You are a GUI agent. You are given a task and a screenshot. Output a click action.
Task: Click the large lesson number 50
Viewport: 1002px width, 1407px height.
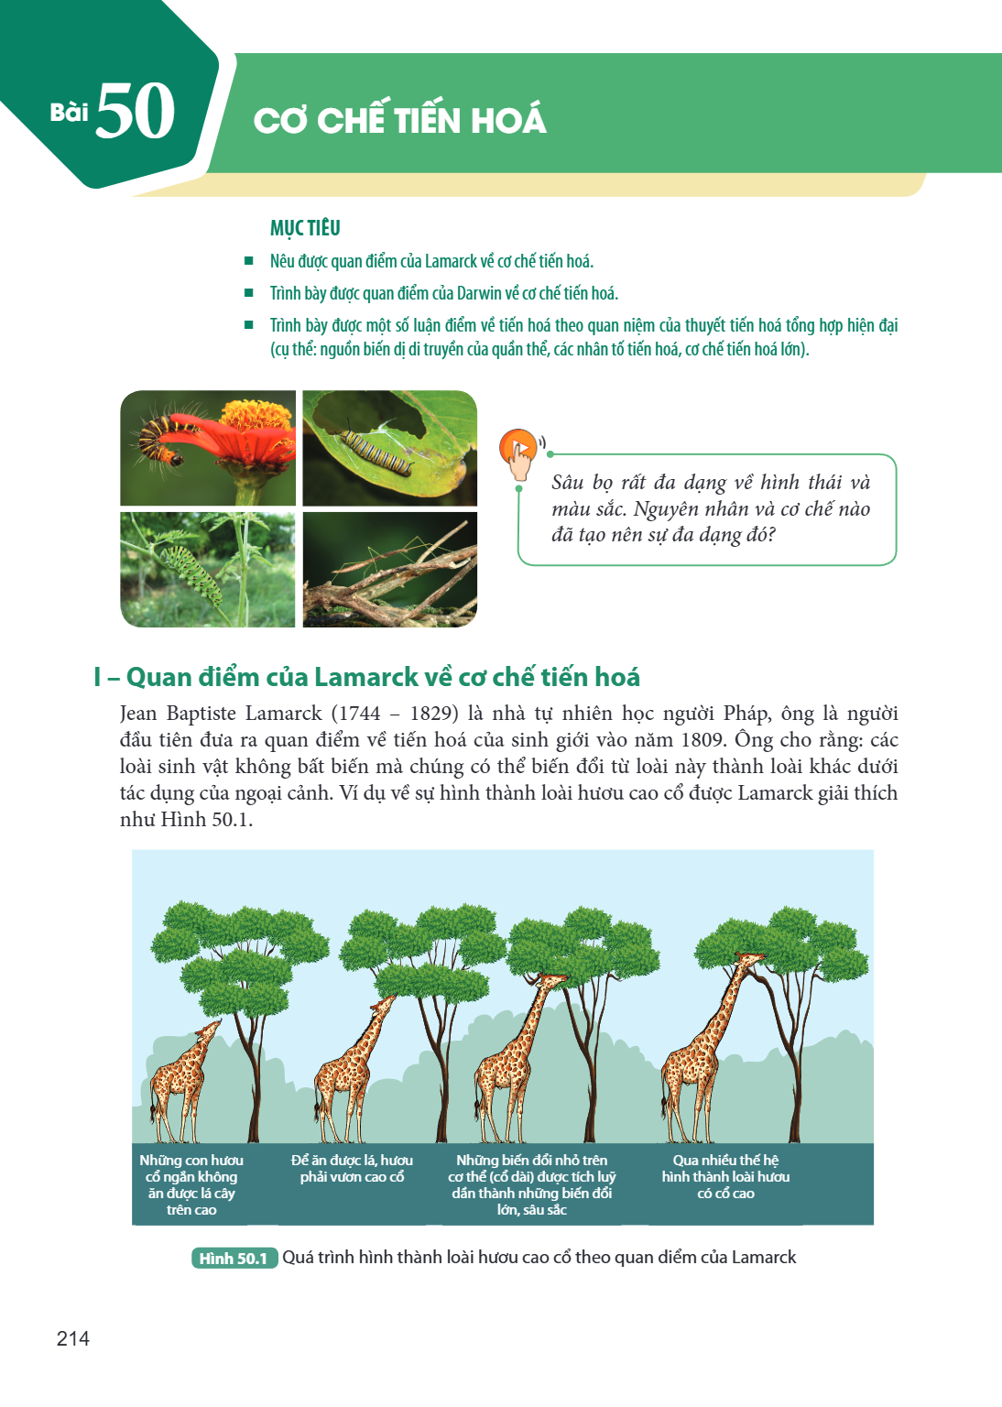tap(135, 111)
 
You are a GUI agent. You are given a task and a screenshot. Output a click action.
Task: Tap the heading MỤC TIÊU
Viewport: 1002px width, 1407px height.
tap(305, 227)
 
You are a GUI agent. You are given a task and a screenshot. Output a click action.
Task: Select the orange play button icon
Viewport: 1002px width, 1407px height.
tap(518, 447)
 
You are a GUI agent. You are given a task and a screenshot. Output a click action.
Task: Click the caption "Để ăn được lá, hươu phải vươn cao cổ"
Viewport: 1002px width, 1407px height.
tap(352, 1168)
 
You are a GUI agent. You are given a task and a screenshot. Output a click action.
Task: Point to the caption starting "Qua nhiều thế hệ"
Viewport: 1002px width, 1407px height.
tap(725, 1176)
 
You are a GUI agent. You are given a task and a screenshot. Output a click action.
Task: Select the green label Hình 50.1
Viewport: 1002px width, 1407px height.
tap(234, 1258)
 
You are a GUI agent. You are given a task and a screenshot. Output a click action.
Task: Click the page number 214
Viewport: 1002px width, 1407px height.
tap(73, 1338)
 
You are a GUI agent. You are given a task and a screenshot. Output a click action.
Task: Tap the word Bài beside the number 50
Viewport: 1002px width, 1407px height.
tap(69, 112)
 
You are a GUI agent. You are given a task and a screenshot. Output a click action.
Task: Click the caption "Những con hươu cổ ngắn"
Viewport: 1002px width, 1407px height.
tap(191, 1184)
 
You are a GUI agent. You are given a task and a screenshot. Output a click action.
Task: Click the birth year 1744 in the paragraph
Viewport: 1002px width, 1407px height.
tap(355, 714)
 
